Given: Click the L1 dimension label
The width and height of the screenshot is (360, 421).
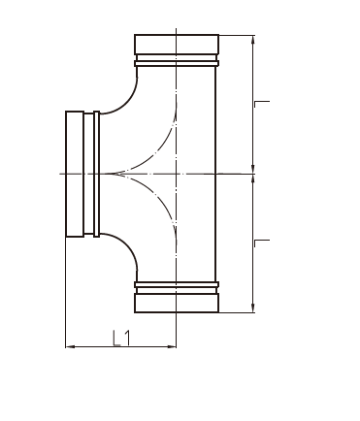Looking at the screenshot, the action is pyautogui.click(x=122, y=339).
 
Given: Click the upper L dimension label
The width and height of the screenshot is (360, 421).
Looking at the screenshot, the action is pyautogui.click(x=262, y=104).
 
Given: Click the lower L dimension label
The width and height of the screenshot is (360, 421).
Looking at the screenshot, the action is pyautogui.click(x=262, y=243).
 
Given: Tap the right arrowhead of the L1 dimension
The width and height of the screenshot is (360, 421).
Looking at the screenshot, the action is pyautogui.click(x=172, y=347).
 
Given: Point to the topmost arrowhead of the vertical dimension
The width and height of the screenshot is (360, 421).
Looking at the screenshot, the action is pyautogui.click(x=253, y=40).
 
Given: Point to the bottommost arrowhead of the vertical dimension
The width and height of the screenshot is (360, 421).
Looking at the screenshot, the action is pyautogui.click(x=253, y=308).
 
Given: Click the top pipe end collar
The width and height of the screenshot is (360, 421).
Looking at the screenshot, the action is pyautogui.click(x=177, y=45).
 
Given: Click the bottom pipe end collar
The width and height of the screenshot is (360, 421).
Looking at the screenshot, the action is pyautogui.click(x=177, y=303).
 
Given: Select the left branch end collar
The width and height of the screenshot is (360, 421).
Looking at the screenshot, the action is pyautogui.click(x=75, y=174).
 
